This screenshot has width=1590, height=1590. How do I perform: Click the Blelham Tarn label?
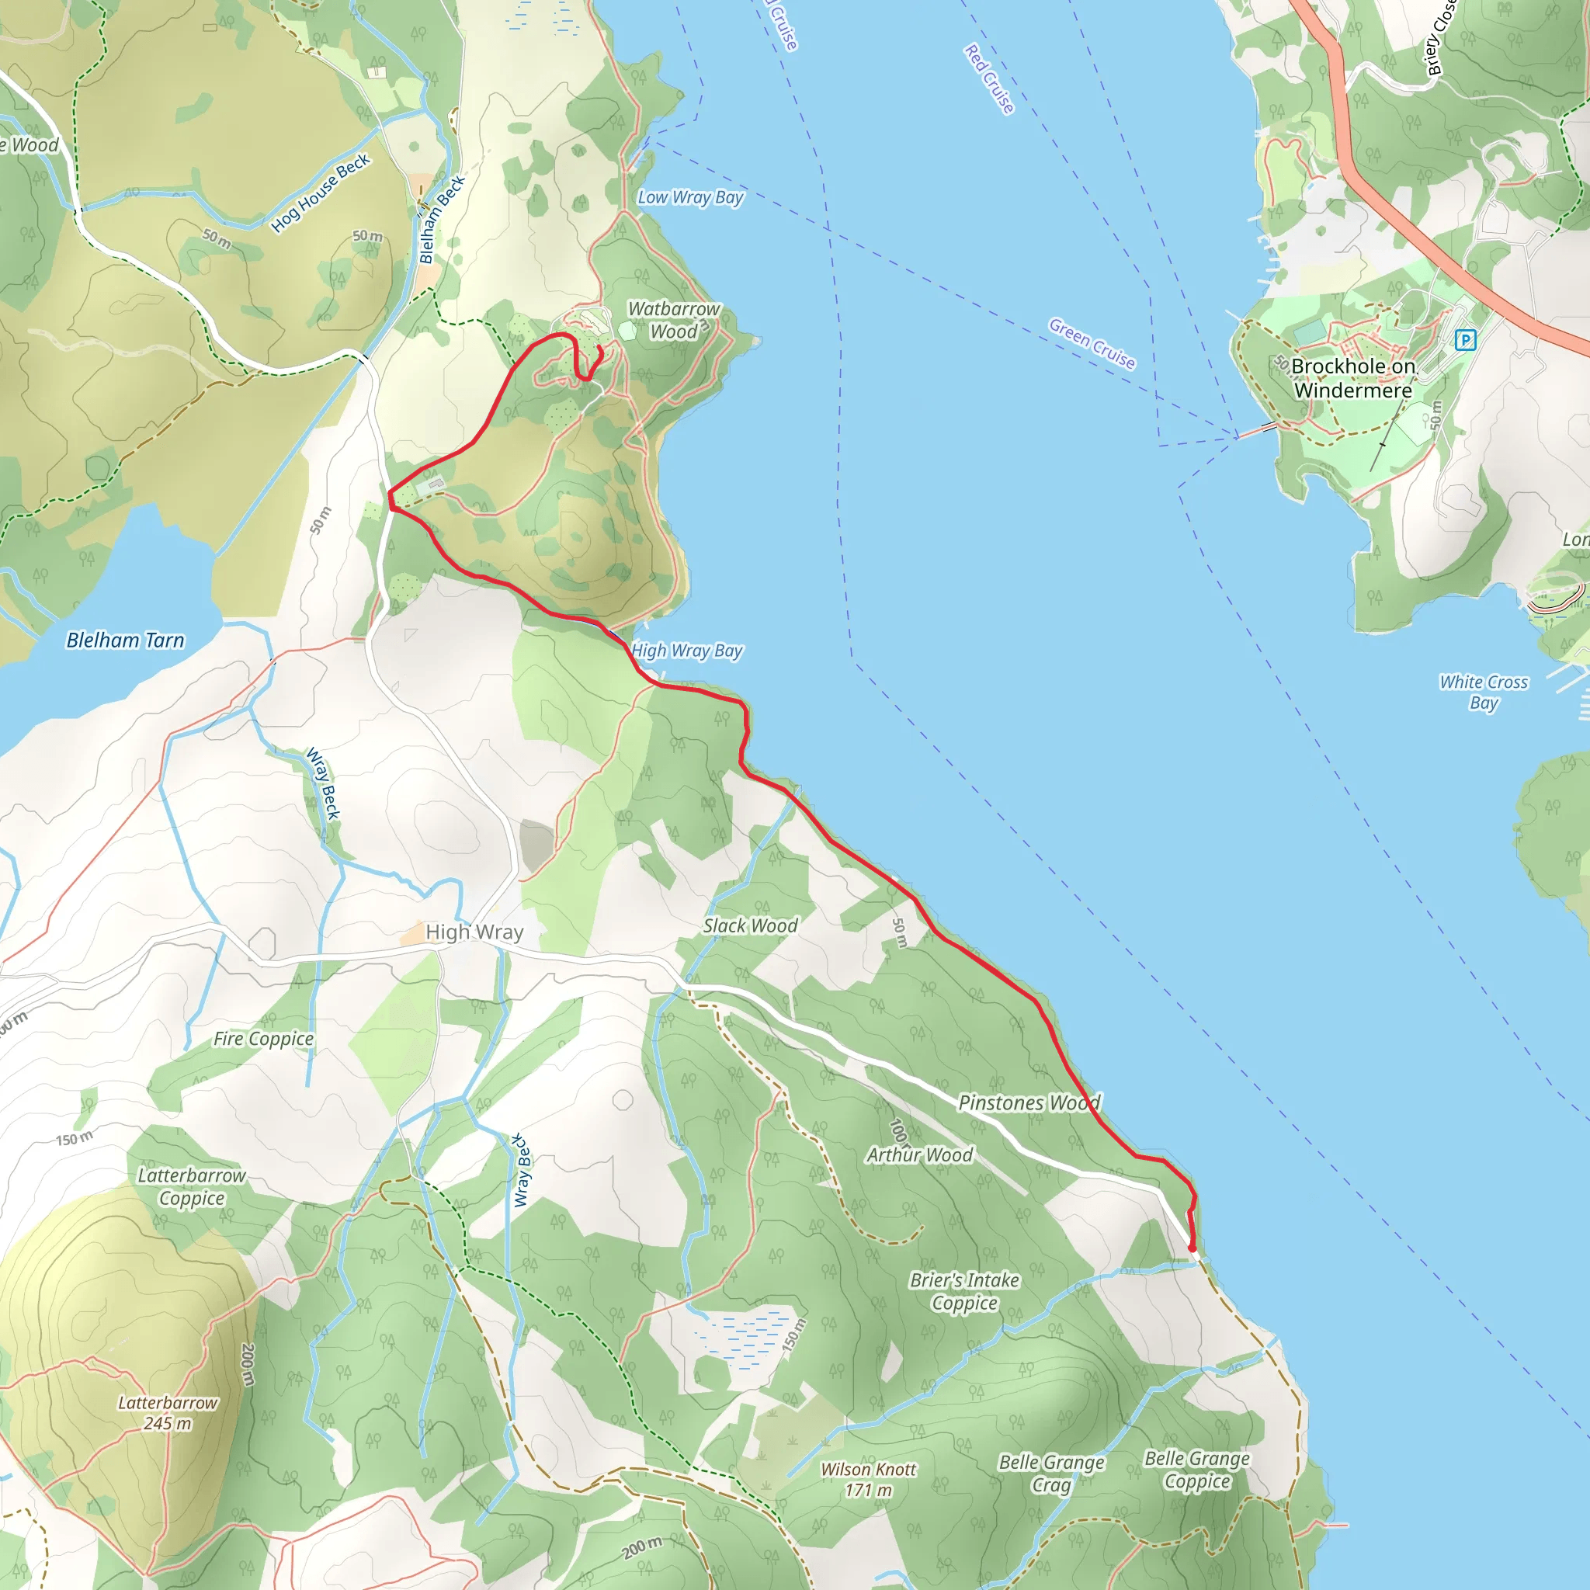point(125,641)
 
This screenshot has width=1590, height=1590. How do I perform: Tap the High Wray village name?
point(474,932)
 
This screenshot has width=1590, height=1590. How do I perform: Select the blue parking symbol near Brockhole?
point(1465,339)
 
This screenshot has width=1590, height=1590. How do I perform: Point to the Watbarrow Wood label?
point(673,320)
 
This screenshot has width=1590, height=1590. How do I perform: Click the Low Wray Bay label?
point(690,197)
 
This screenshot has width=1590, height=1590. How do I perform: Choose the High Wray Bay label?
point(687,651)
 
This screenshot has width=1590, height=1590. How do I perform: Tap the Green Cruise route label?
point(1092,343)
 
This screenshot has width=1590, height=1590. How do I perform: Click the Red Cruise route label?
point(989,79)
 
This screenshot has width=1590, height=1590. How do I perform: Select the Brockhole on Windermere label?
point(1353,378)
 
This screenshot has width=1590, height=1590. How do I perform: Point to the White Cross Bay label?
point(1483,692)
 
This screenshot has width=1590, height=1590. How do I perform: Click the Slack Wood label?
point(750,926)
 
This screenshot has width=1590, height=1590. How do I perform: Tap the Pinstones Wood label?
point(1029,1102)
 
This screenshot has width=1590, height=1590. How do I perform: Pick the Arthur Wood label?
point(919,1154)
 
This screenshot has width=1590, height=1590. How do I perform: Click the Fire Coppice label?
point(263,1039)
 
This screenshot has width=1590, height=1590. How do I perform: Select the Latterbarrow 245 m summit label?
point(167,1413)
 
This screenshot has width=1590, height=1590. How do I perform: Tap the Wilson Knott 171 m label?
point(868,1480)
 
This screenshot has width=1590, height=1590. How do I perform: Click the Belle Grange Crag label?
point(1051,1473)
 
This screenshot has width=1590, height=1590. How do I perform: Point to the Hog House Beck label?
point(321,193)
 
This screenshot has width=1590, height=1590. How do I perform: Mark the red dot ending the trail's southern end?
point(1192,1248)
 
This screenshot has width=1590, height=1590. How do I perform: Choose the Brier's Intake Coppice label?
point(964,1291)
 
